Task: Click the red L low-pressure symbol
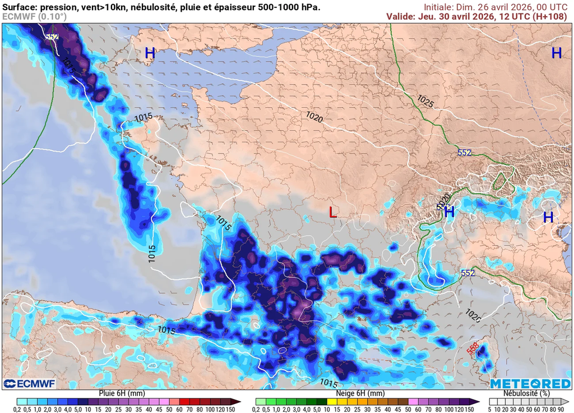click(x=333, y=212)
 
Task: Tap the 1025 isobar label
click(x=425, y=102)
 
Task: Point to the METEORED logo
click(x=530, y=384)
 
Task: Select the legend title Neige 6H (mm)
click(x=360, y=393)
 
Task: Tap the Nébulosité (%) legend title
click(x=529, y=393)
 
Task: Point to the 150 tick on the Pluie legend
click(x=230, y=409)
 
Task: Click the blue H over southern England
click(x=150, y=53)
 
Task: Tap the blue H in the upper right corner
click(x=556, y=53)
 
